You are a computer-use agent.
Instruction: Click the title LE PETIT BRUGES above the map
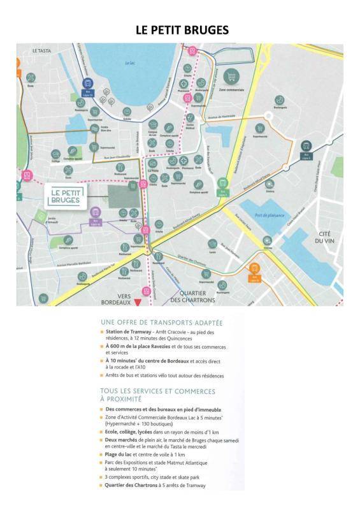[182, 30]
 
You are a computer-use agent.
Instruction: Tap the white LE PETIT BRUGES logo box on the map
[67, 196]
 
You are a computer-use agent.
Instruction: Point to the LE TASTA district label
[41, 50]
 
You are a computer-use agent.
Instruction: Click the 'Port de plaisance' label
[267, 216]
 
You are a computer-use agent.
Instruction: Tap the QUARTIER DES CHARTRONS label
[193, 296]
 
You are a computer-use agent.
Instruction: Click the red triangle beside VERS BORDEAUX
[136, 302]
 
